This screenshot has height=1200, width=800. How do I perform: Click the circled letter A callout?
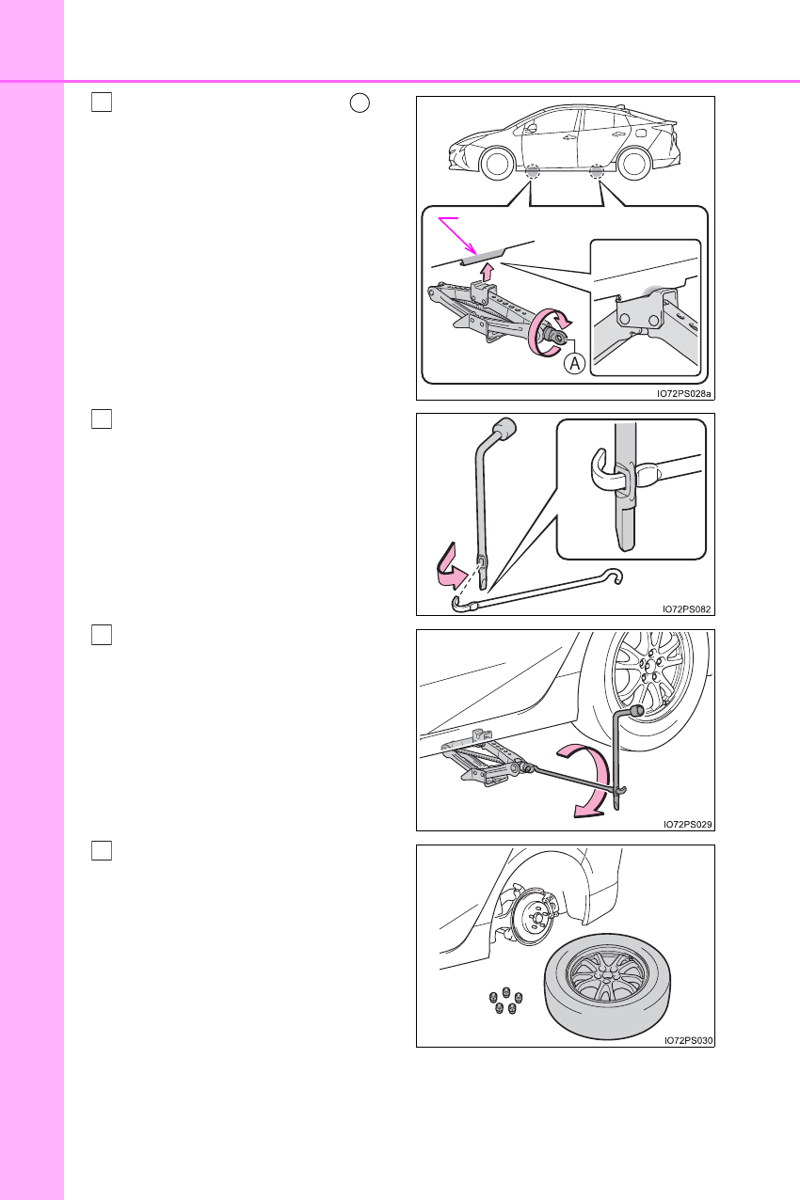pyautogui.click(x=574, y=364)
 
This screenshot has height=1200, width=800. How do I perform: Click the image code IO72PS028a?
pyautogui.click(x=683, y=394)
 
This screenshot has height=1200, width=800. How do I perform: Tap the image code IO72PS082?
pyautogui.click(x=686, y=609)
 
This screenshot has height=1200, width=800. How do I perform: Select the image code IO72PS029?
pyautogui.click(x=687, y=825)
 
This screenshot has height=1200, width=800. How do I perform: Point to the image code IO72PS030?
pyautogui.click(x=689, y=1040)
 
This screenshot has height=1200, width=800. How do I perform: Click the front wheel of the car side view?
pyautogui.click(x=497, y=164)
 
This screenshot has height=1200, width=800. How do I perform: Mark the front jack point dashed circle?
pyautogui.click(x=533, y=172)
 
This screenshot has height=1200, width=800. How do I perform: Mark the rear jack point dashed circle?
pyautogui.click(x=597, y=172)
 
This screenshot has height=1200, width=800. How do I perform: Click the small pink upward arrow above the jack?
pyautogui.click(x=487, y=272)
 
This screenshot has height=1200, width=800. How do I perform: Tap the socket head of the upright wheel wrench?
pyautogui.click(x=505, y=429)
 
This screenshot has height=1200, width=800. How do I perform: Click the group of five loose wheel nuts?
pyautogui.click(x=505, y=1000)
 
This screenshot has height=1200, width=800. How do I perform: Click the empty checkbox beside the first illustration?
pyautogui.click(x=102, y=102)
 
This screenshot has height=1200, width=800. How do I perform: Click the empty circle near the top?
pyautogui.click(x=360, y=103)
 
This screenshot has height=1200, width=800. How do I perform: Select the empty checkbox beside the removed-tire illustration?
pyautogui.click(x=102, y=851)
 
